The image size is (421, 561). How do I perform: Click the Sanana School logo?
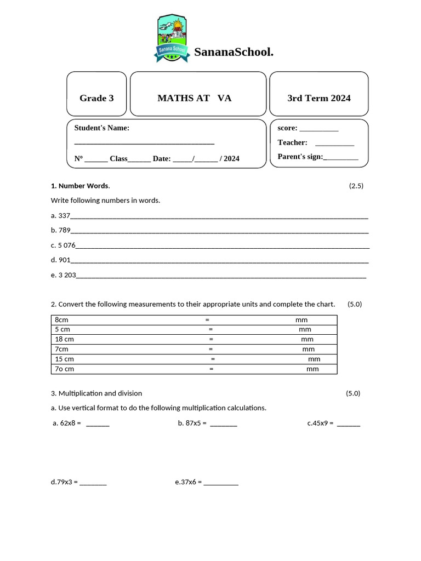173,38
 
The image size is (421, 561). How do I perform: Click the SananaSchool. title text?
234,52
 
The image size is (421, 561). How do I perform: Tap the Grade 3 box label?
96,98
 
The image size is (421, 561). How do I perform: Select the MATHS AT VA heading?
195,98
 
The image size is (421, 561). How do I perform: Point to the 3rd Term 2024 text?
319,98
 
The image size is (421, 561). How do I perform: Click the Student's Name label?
102,128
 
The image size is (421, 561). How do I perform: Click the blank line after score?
319,129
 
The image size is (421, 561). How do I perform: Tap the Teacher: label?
292,142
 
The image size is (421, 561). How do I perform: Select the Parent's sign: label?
300,157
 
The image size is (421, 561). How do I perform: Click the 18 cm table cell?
65,339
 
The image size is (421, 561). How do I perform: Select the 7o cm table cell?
65,369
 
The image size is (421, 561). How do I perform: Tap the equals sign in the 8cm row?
207,320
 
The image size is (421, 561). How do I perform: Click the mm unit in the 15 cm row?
314,359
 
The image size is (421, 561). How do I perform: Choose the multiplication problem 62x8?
70,423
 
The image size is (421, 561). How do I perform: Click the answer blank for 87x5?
224,424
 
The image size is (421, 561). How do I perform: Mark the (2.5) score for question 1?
356,186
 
